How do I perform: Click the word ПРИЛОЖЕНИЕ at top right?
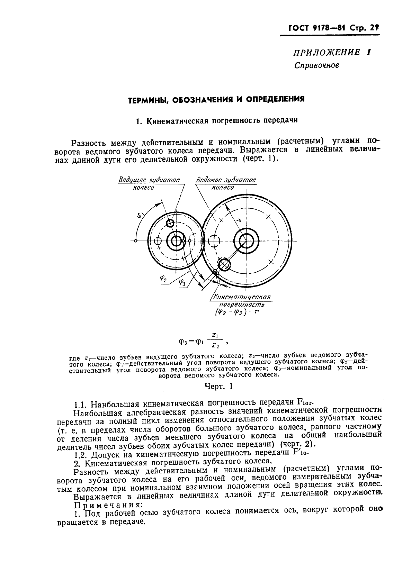[322, 53]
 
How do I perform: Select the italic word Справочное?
[316, 65]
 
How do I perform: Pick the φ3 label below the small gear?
[182, 283]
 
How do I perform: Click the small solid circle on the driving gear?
[170, 223]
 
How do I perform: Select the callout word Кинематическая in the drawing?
[242, 297]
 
